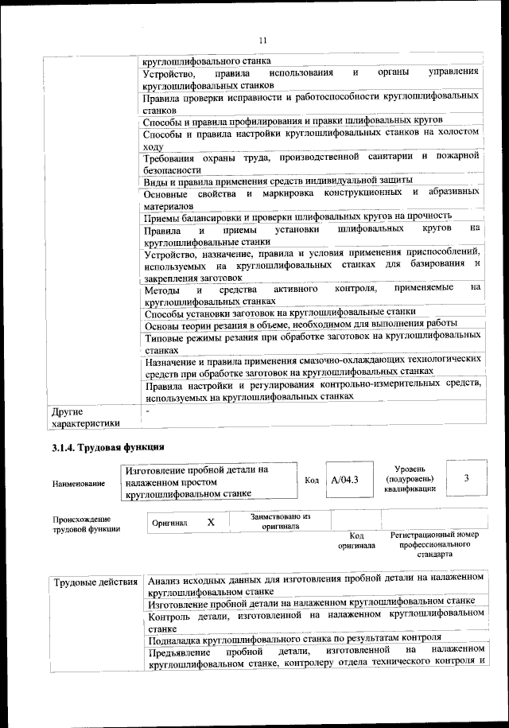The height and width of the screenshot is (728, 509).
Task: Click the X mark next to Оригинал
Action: point(211,522)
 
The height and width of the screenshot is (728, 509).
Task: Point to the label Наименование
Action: point(79,483)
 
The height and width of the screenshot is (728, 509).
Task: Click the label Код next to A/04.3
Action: point(313,480)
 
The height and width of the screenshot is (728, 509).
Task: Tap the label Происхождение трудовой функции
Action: point(82,524)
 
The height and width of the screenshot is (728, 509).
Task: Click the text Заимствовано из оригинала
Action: point(279,520)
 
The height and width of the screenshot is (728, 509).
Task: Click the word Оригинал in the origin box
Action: point(169,523)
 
